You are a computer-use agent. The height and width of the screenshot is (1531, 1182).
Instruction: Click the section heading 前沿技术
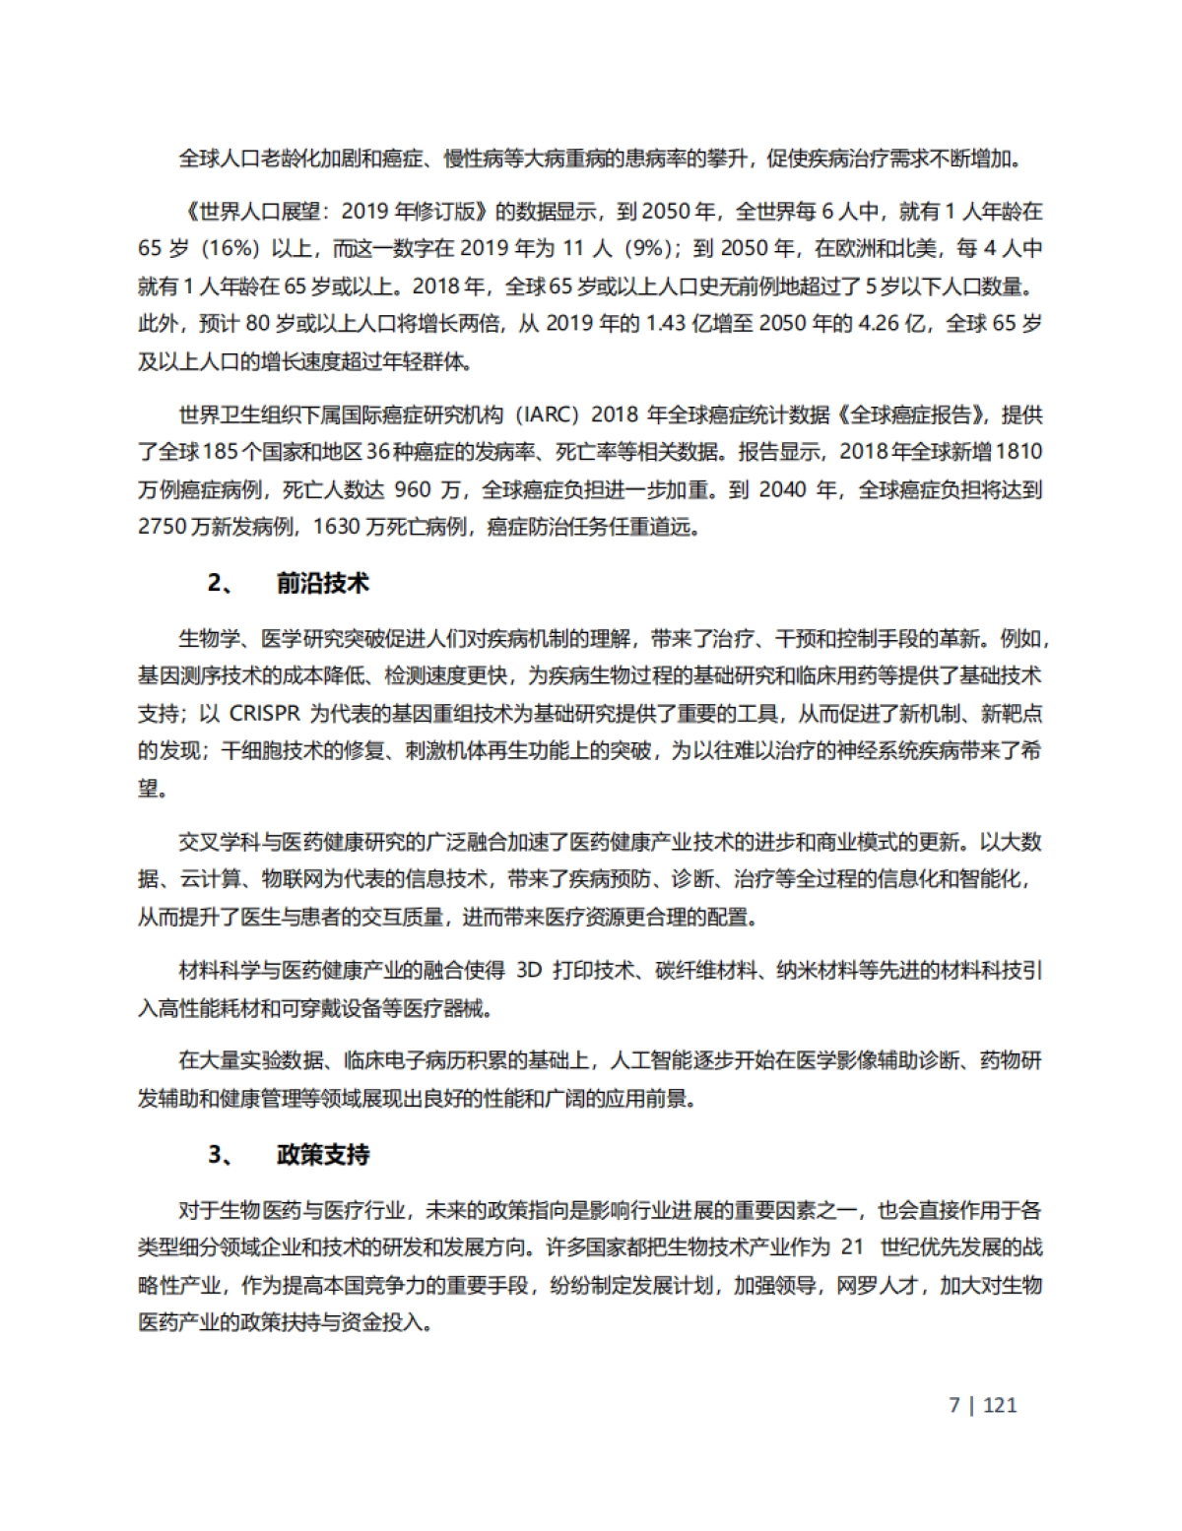(322, 584)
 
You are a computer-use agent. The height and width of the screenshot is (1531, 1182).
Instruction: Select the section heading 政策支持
(322, 1155)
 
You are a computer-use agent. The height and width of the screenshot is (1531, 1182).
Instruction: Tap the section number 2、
(222, 584)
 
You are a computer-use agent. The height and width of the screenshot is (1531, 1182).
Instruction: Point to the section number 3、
(222, 1155)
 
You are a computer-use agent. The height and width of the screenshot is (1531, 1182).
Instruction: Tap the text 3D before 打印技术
(529, 971)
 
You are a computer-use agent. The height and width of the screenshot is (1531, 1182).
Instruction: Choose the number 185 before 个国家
(219, 452)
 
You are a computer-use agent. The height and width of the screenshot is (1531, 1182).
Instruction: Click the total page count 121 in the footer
(1000, 1405)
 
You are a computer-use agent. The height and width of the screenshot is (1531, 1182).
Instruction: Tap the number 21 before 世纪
(853, 1247)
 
